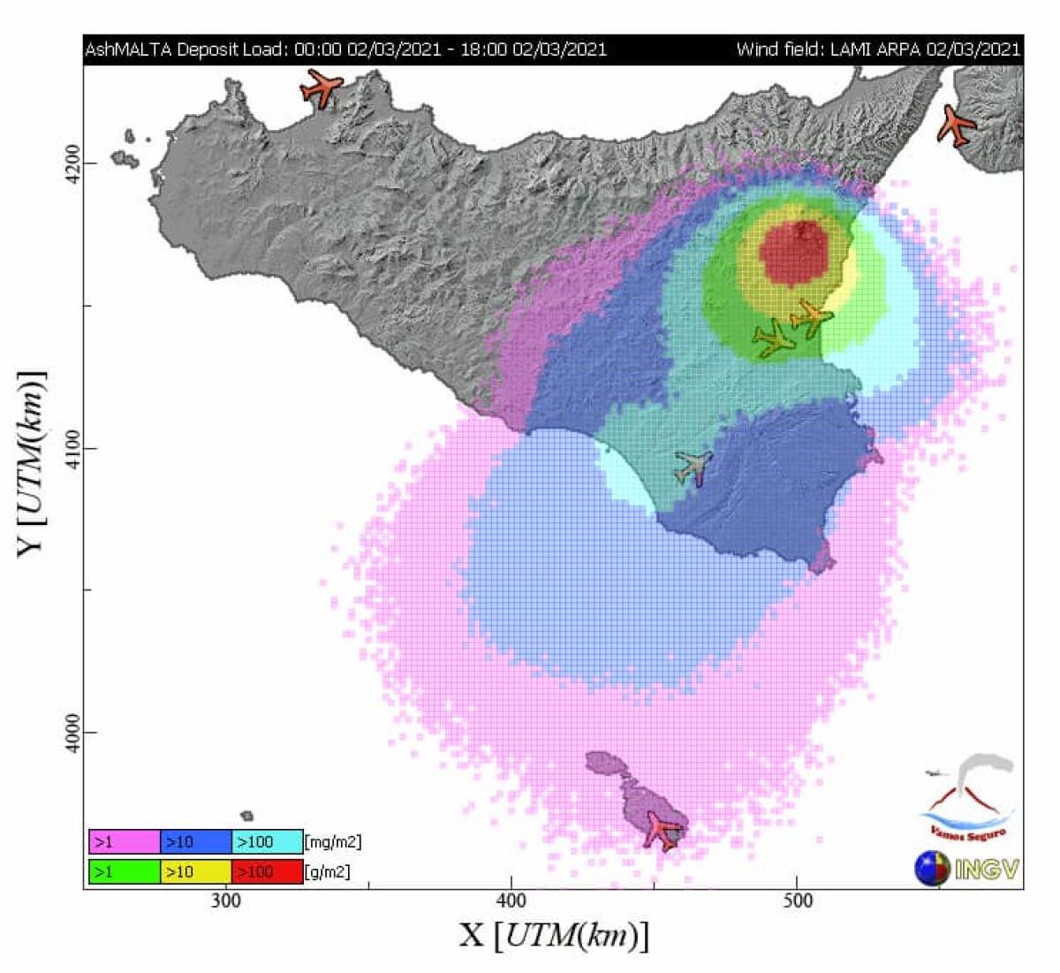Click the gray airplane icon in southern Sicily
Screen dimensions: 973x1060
(x=693, y=466)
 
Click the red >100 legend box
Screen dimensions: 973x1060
(x=267, y=871)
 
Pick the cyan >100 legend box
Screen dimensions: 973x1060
(x=267, y=841)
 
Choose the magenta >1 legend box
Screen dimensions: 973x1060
(x=125, y=841)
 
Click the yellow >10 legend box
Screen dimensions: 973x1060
(x=195, y=871)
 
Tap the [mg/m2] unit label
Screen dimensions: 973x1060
(x=333, y=841)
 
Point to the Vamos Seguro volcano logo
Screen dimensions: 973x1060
(x=968, y=795)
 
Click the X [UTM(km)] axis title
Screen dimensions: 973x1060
(x=554, y=935)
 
